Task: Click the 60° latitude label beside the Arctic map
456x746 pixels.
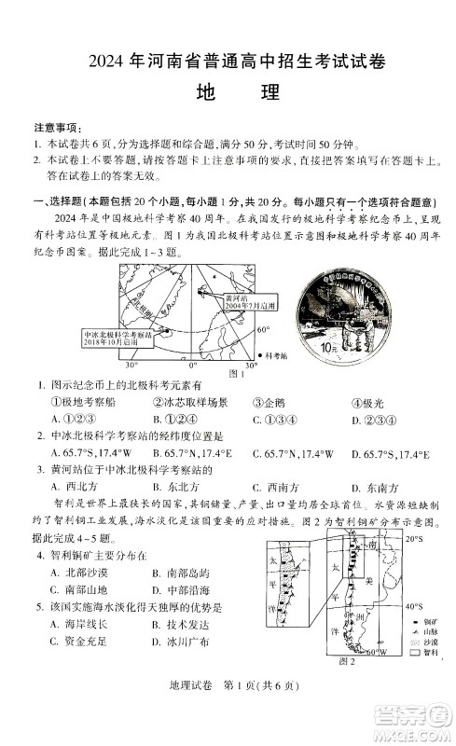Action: tap(263, 329)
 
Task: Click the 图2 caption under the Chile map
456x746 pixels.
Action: tap(347, 661)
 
